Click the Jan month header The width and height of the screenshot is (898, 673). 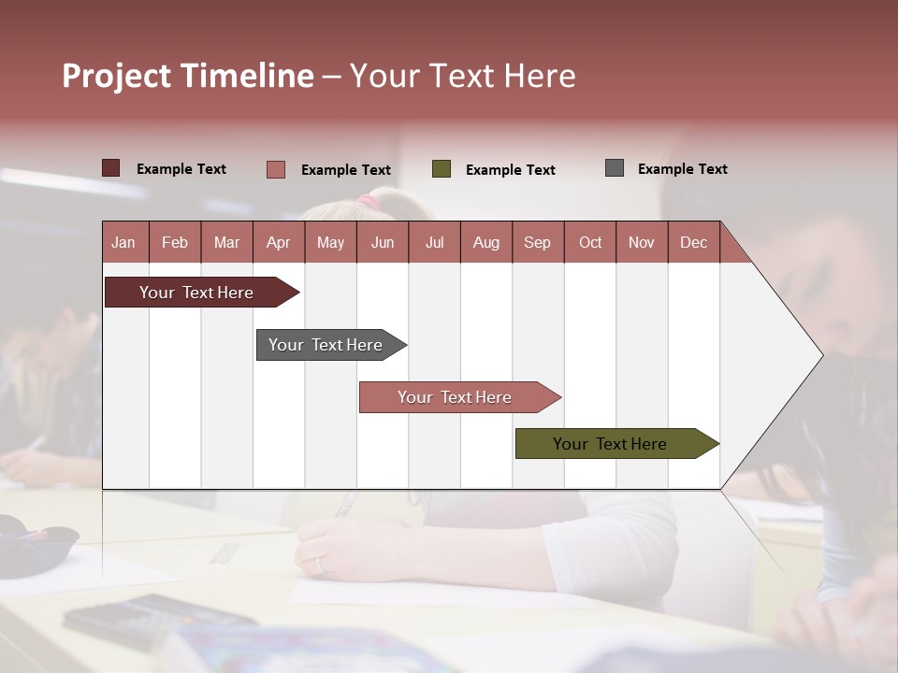123,242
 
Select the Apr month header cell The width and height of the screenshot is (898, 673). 278,242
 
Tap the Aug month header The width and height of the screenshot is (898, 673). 485,242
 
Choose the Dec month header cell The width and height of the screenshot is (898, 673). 693,242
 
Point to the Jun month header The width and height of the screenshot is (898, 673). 382,242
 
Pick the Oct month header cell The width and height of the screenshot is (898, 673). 589,242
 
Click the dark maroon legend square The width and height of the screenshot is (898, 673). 110,168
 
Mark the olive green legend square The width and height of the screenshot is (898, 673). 442,169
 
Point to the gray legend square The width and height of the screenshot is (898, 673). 614,168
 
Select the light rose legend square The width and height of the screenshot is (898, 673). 276,169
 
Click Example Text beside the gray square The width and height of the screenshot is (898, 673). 682,169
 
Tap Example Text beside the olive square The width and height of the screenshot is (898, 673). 510,170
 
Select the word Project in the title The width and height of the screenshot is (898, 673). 117,76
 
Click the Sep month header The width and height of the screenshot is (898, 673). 537,242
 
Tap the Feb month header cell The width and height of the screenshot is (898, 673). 175,242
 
